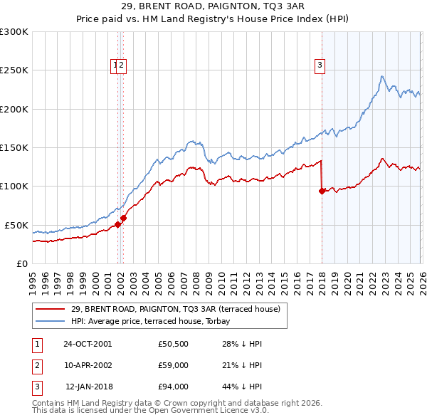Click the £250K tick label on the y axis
14,70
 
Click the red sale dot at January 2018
322,191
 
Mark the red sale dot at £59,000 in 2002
123,218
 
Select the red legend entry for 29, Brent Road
176,309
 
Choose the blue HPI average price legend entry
175,321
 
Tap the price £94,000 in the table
173,387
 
